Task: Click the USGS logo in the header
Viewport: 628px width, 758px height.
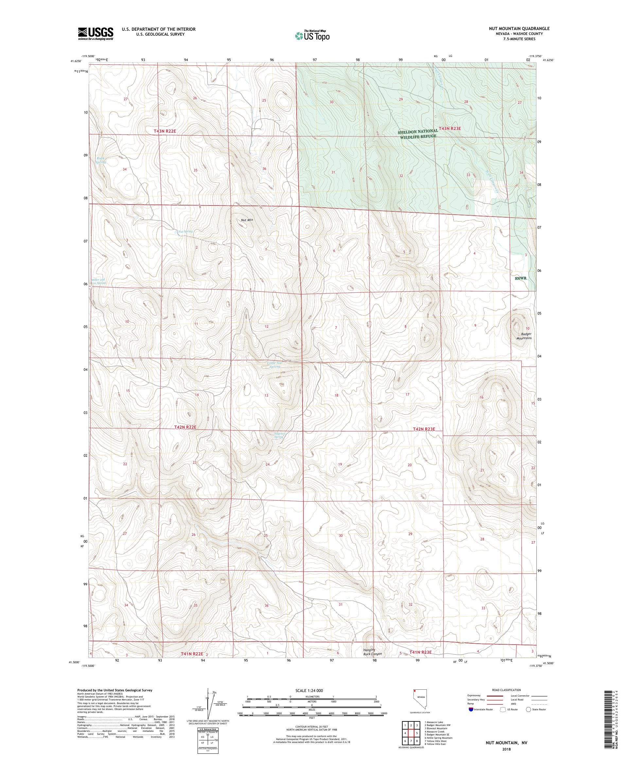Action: click(x=96, y=34)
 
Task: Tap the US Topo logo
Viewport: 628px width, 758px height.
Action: click(x=313, y=35)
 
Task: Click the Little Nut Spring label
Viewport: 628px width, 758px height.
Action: click(x=274, y=365)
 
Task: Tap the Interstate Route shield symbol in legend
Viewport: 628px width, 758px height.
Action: click(x=471, y=709)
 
